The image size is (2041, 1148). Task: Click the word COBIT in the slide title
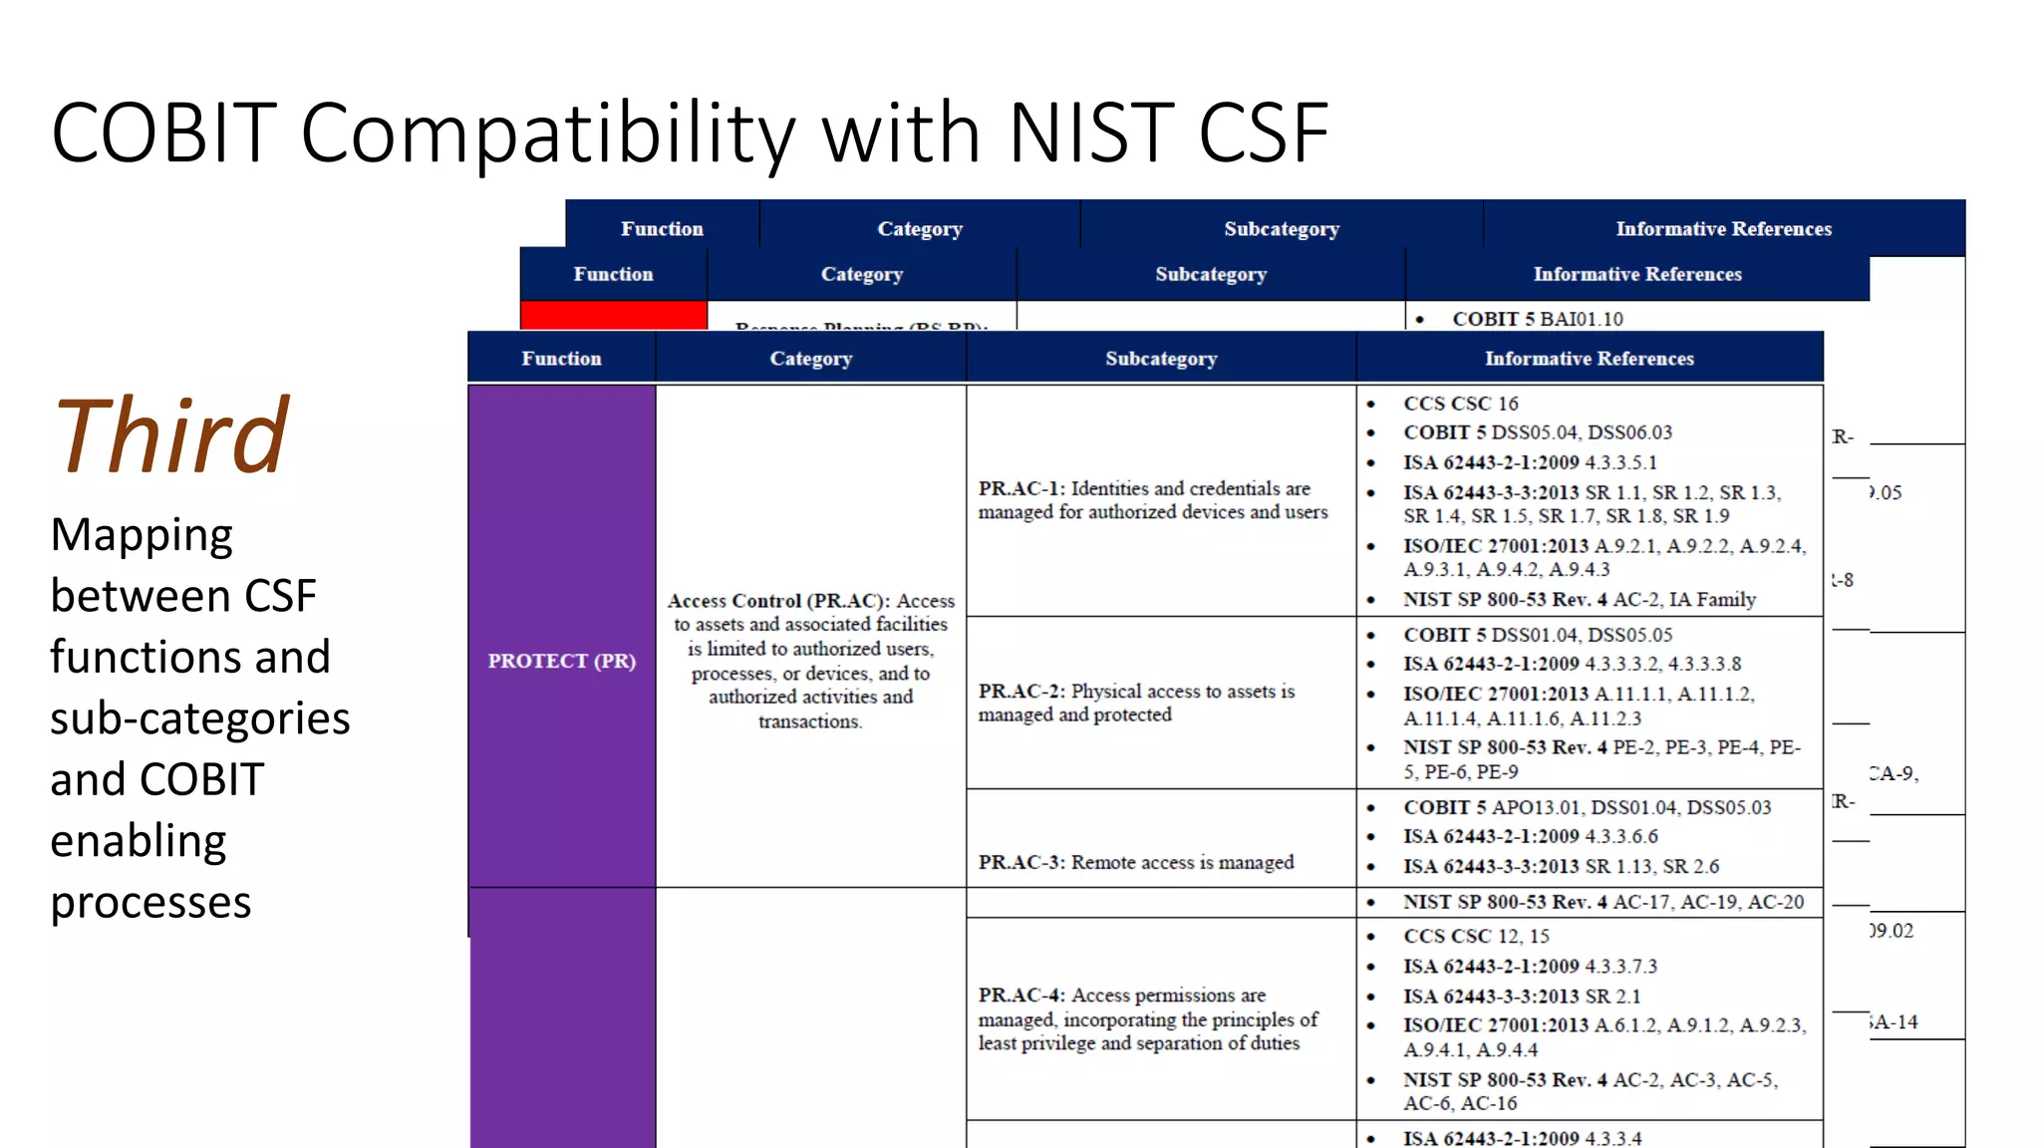[163, 133]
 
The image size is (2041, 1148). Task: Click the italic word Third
[171, 435]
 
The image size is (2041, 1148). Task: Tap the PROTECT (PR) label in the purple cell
[561, 661]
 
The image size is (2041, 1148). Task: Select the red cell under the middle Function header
[613, 314]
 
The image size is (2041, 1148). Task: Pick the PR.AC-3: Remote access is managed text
[1135, 862]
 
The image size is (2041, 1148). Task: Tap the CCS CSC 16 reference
[1460, 404]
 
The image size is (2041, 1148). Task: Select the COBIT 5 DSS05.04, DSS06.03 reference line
[1537, 432]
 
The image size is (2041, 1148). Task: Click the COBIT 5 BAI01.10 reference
[1537, 319]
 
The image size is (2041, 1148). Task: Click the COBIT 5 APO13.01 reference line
[1587, 807]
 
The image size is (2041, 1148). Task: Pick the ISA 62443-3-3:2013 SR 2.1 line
[1521, 996]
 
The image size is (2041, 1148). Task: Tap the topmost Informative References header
[1723, 228]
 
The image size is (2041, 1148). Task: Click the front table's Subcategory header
[1161, 358]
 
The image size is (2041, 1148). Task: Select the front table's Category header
[810, 358]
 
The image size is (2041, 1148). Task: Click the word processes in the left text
[150, 902]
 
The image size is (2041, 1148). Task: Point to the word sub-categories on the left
[199, 718]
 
